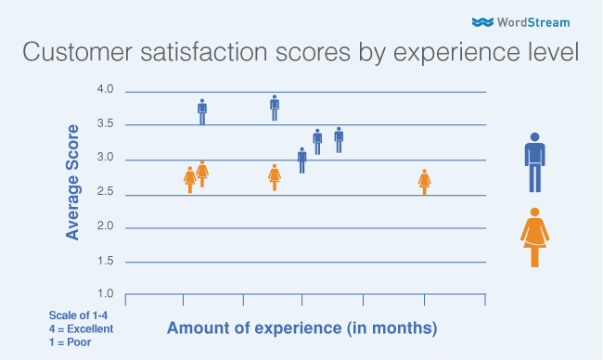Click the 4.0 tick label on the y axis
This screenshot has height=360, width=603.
[x=105, y=90]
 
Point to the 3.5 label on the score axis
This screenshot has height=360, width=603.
[x=105, y=124]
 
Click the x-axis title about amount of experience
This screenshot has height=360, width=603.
[x=301, y=328]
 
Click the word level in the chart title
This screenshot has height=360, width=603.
[x=551, y=54]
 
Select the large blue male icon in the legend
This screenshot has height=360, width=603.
[x=534, y=162]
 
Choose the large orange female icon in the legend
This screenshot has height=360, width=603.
[x=534, y=237]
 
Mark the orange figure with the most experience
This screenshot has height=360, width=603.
[x=425, y=182]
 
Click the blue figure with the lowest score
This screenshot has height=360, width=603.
[x=302, y=160]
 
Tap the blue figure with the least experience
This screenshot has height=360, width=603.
[x=202, y=111]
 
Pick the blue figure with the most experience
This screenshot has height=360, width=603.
[x=339, y=139]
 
